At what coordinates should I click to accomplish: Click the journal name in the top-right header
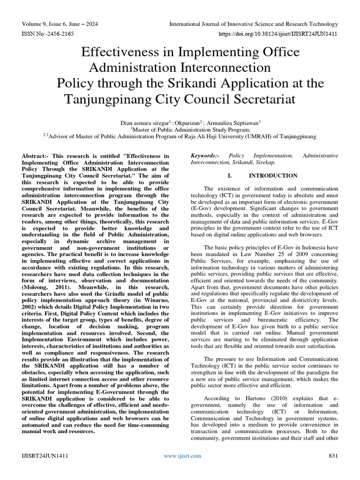click(253, 24)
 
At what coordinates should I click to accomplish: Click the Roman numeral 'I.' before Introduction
click(230, 176)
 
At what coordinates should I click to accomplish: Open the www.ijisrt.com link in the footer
click(182, 456)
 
